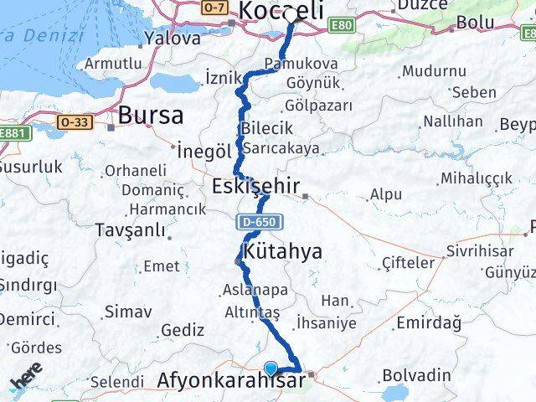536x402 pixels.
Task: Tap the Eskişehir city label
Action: tap(256, 185)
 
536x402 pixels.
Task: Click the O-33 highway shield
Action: tap(74, 122)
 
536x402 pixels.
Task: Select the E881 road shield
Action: tap(13, 133)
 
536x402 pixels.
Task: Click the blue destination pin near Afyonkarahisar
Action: tap(271, 368)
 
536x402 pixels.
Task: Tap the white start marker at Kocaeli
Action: tap(291, 14)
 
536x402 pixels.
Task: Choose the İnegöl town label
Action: tap(204, 152)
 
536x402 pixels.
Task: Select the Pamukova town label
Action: tap(290, 64)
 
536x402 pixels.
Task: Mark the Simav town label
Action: tap(128, 312)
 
